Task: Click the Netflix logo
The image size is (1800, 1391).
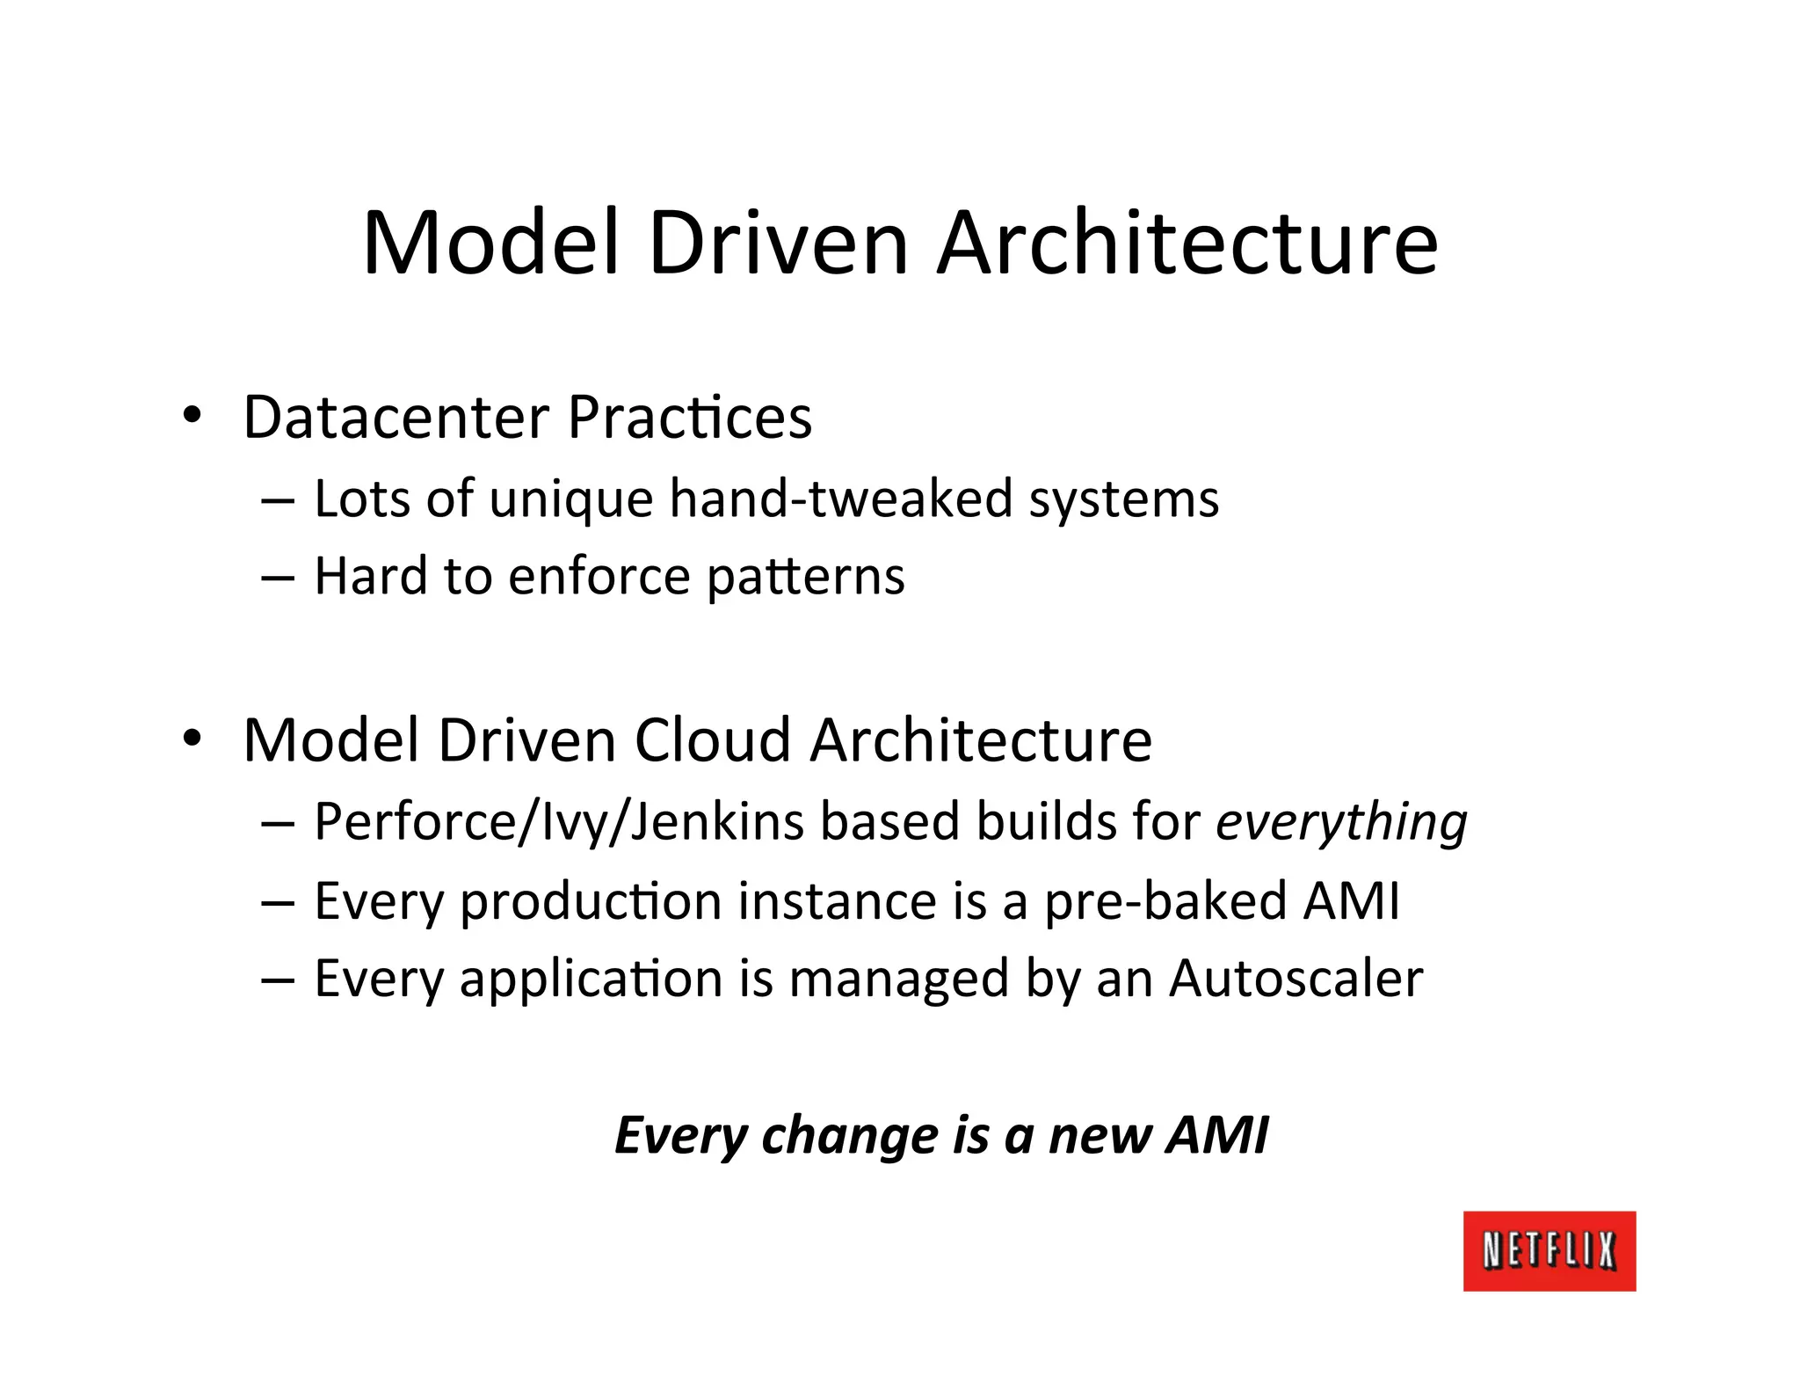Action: pyautogui.click(x=1549, y=1250)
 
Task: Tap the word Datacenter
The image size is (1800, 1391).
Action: pyautogui.click(x=396, y=417)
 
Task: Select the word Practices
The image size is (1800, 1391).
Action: pyautogui.click(x=690, y=417)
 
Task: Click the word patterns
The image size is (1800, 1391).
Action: pyautogui.click(x=805, y=578)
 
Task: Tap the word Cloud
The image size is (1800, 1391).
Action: pyautogui.click(x=712, y=739)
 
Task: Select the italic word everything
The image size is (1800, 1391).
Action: pyautogui.click(x=1341, y=823)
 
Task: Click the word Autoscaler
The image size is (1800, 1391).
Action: pyautogui.click(x=1296, y=979)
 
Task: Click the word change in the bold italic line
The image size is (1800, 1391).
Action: pyautogui.click(x=850, y=1136)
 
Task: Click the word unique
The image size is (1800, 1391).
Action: pyautogui.click(x=570, y=500)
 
